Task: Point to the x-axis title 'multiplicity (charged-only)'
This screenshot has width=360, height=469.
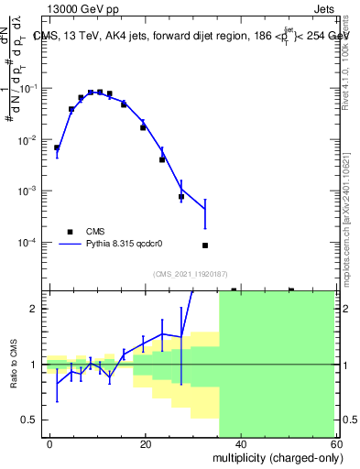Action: [272, 456]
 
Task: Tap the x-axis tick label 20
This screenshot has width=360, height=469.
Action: [146, 443]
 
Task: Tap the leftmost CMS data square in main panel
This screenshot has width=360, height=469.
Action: [57, 147]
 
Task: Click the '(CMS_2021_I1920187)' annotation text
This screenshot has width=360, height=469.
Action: [191, 274]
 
